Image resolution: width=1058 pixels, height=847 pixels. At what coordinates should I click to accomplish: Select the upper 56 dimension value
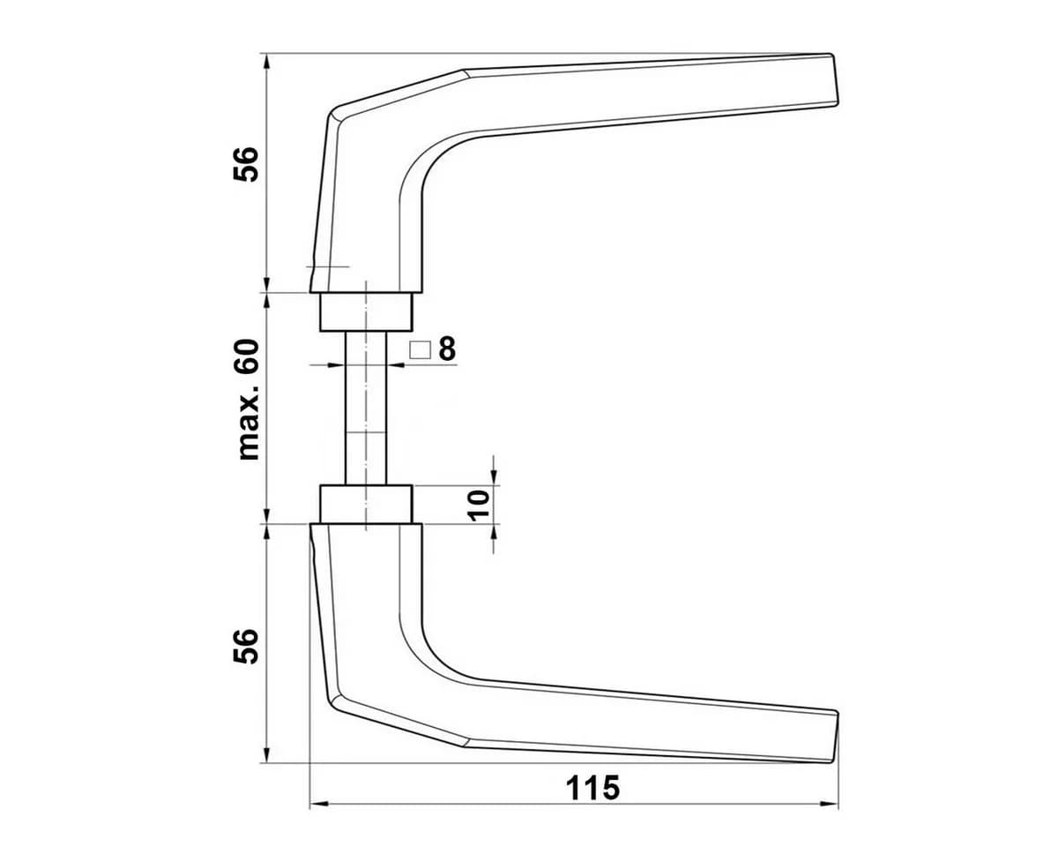tap(246, 164)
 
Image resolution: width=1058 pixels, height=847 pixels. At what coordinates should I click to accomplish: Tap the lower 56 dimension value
tap(246, 647)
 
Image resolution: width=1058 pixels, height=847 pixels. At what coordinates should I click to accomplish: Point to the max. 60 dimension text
tap(249, 400)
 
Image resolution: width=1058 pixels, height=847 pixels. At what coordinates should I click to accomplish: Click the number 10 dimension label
tap(479, 505)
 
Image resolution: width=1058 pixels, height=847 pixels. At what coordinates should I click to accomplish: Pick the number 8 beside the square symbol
tap(447, 349)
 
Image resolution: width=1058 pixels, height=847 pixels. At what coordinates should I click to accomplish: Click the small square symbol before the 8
tap(420, 350)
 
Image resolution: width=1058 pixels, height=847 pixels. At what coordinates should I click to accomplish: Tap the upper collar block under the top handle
tap(366, 312)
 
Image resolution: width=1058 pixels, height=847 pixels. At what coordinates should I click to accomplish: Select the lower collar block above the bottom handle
tap(366, 504)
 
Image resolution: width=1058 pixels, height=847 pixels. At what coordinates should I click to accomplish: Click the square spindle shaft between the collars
tap(366, 408)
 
